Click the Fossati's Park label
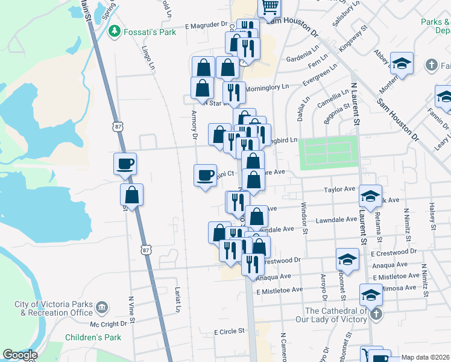(x=150, y=31)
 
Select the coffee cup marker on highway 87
(x=125, y=164)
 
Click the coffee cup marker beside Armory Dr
(x=205, y=176)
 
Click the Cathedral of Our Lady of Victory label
(x=336, y=315)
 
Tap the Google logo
(x=20, y=355)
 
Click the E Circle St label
(x=229, y=331)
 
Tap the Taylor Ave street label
(x=339, y=189)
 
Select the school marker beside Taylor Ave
(x=370, y=195)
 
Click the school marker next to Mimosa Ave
(x=371, y=294)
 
